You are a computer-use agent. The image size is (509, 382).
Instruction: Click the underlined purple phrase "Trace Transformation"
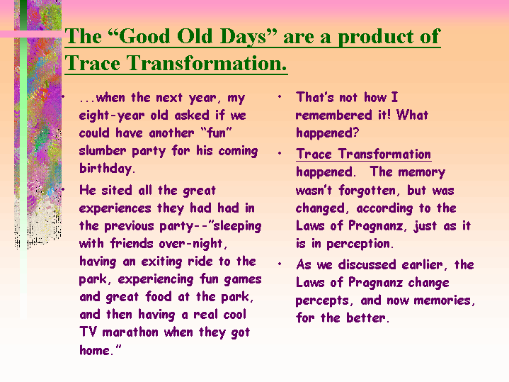pos(364,154)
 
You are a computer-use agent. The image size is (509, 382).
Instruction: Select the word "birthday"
pos(105,169)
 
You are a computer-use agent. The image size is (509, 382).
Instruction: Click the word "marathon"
pos(130,332)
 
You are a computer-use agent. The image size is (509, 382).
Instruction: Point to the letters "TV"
pos(88,332)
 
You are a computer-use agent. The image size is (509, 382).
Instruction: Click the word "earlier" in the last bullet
pos(423,265)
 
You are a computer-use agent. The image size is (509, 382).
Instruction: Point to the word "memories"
pos(442,300)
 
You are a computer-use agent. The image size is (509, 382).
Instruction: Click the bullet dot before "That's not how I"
pos(280,97)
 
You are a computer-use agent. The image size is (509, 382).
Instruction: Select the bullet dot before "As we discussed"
pos(280,264)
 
